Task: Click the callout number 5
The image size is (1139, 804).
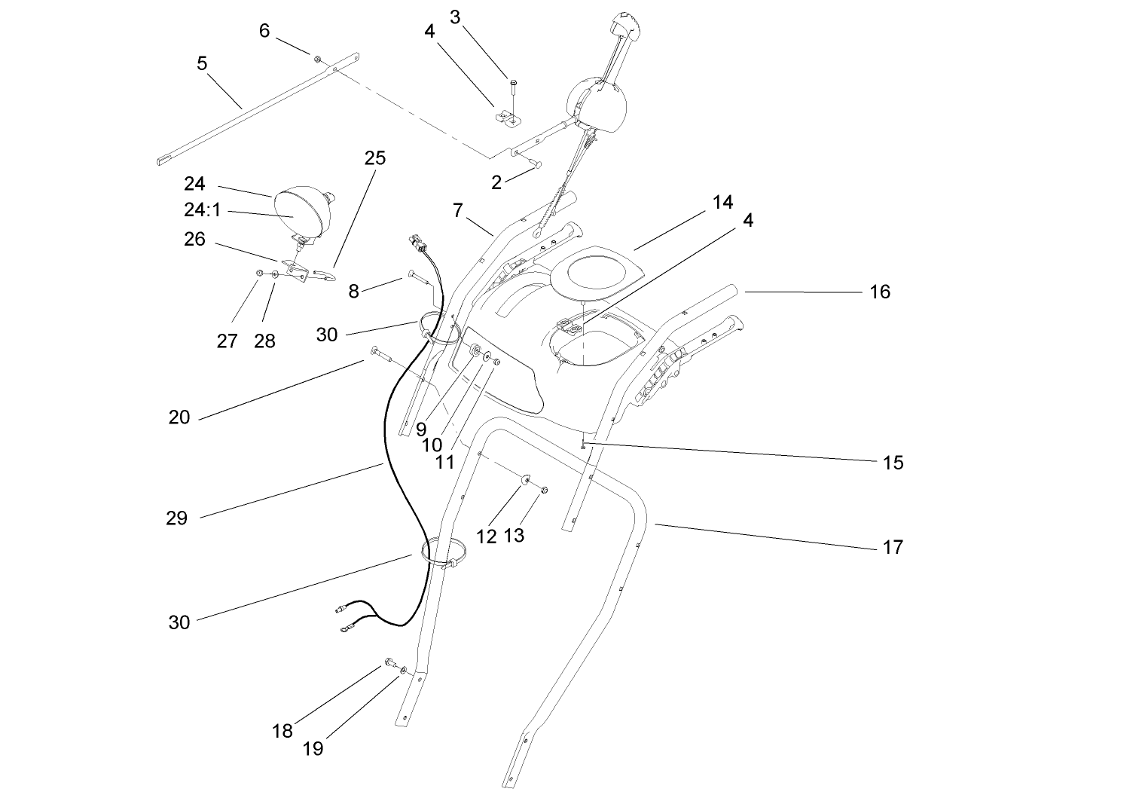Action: coord(202,63)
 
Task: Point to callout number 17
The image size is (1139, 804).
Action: coord(893,547)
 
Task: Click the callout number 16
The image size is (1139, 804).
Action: coord(880,292)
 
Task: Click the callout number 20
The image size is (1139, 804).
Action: coord(179,417)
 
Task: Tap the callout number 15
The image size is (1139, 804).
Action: coord(893,463)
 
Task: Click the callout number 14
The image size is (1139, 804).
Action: coord(722,202)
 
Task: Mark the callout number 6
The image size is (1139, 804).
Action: coord(264,30)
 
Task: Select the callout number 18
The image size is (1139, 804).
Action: coord(282,731)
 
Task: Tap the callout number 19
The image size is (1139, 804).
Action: coord(313,749)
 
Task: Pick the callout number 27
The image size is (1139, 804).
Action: coord(227,341)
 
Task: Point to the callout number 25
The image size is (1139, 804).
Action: coord(374,158)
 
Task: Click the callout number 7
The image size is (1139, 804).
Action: coord(458,210)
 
